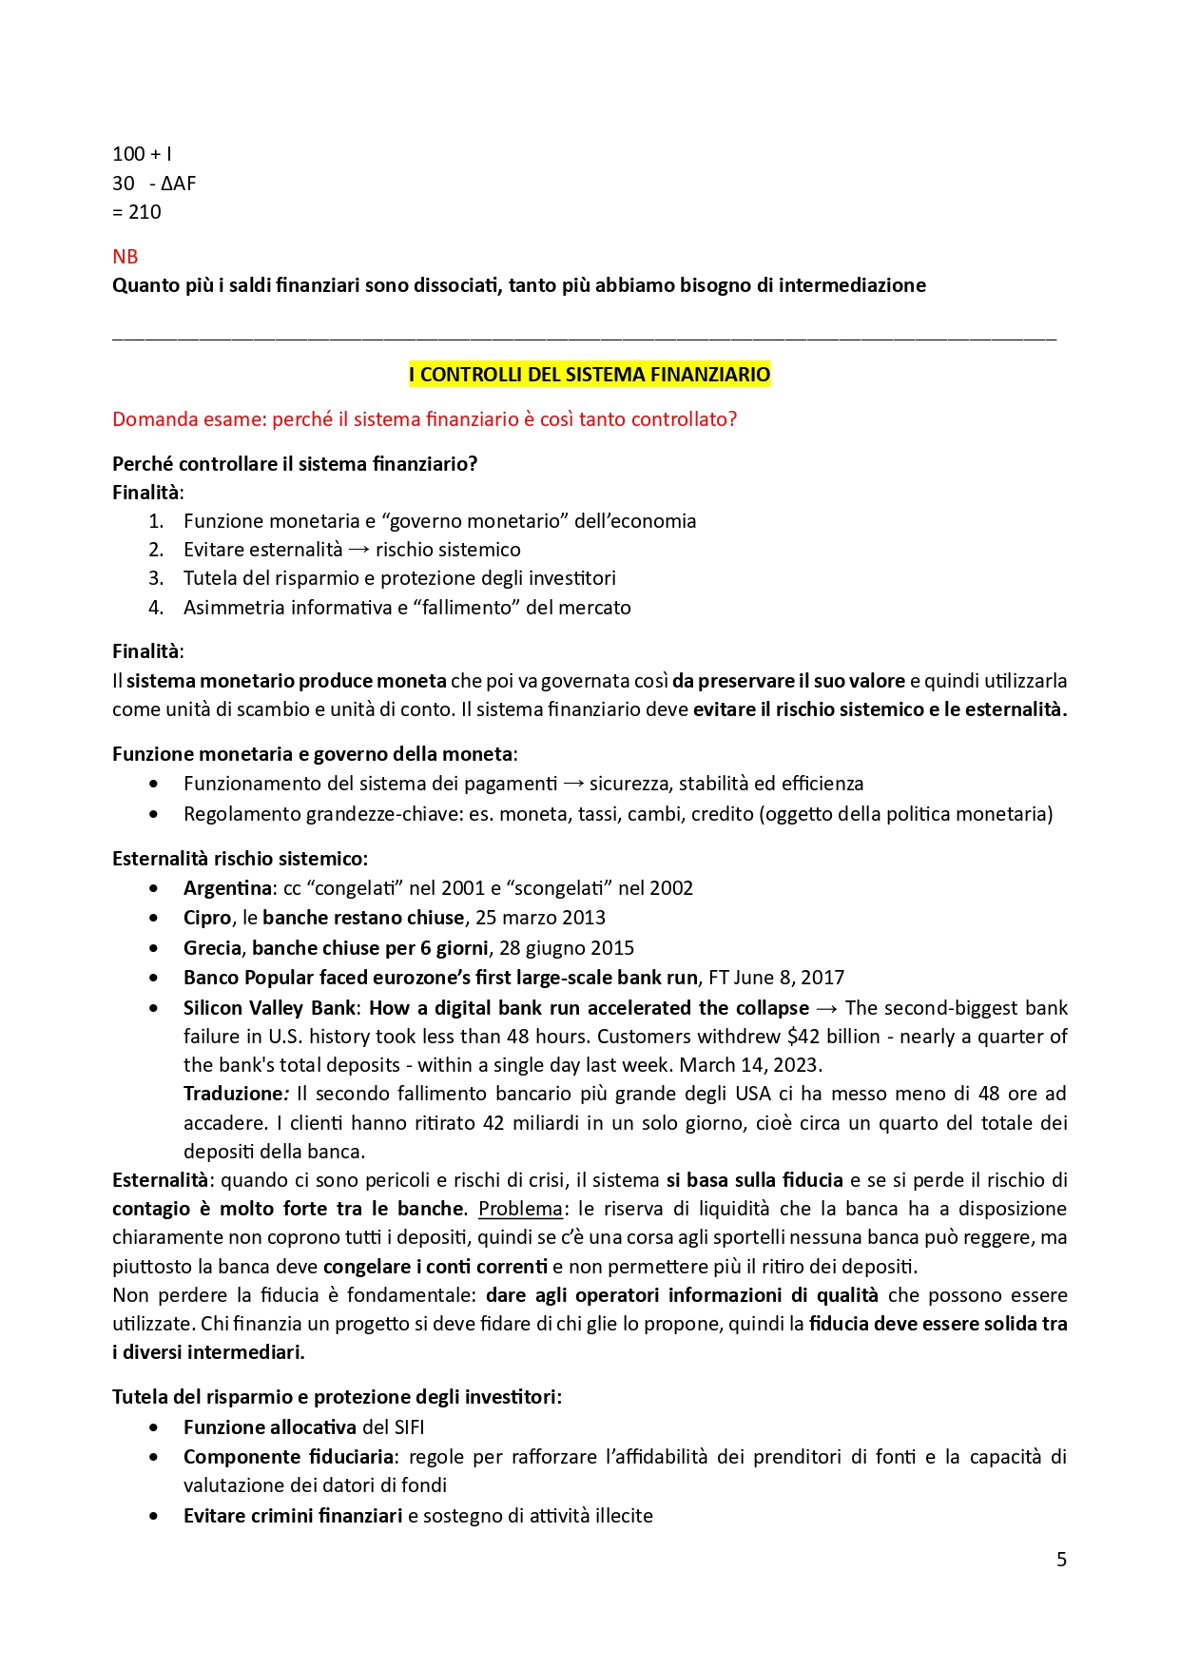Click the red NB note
tap(125, 257)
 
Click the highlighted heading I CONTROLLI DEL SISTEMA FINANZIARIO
tap(590, 375)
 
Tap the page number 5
tap(1061, 1560)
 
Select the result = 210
tap(137, 212)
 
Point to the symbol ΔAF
tap(178, 184)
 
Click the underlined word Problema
tap(520, 1209)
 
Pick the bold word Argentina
tap(227, 888)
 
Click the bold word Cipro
tap(207, 918)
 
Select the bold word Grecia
tap(212, 948)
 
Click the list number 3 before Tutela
tap(156, 578)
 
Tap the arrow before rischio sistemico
tap(358, 550)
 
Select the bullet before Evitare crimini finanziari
tap(154, 1516)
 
